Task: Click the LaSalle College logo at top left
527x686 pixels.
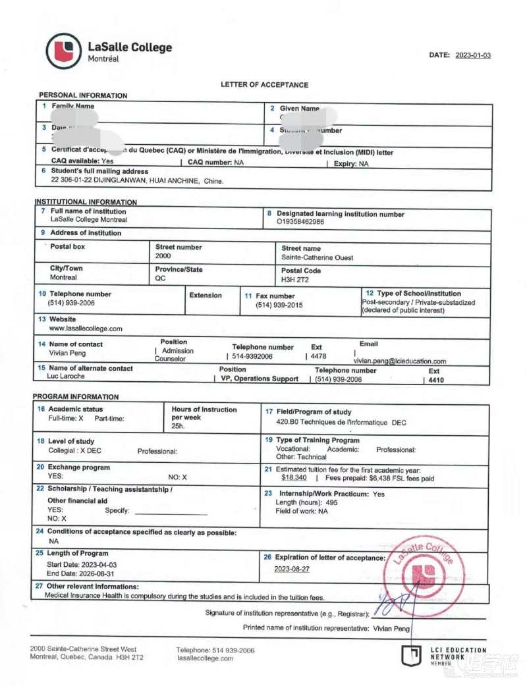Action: coord(64,51)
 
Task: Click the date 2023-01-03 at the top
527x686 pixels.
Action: coord(473,55)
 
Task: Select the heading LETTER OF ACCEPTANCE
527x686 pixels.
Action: coord(264,85)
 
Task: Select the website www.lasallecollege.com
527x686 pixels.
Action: coord(86,328)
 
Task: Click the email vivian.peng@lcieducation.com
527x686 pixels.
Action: coord(400,361)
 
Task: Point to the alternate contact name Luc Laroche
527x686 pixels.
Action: coord(66,377)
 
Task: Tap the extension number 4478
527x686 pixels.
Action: coord(318,356)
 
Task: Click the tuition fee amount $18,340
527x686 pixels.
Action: coord(294,478)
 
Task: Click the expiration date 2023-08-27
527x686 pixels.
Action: coord(292,568)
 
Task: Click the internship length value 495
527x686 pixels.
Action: coord(331,502)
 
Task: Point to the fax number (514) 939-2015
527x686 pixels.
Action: coord(279,305)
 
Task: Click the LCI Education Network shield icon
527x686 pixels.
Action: coord(411,655)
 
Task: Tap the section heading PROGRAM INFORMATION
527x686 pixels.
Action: coord(76,397)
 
